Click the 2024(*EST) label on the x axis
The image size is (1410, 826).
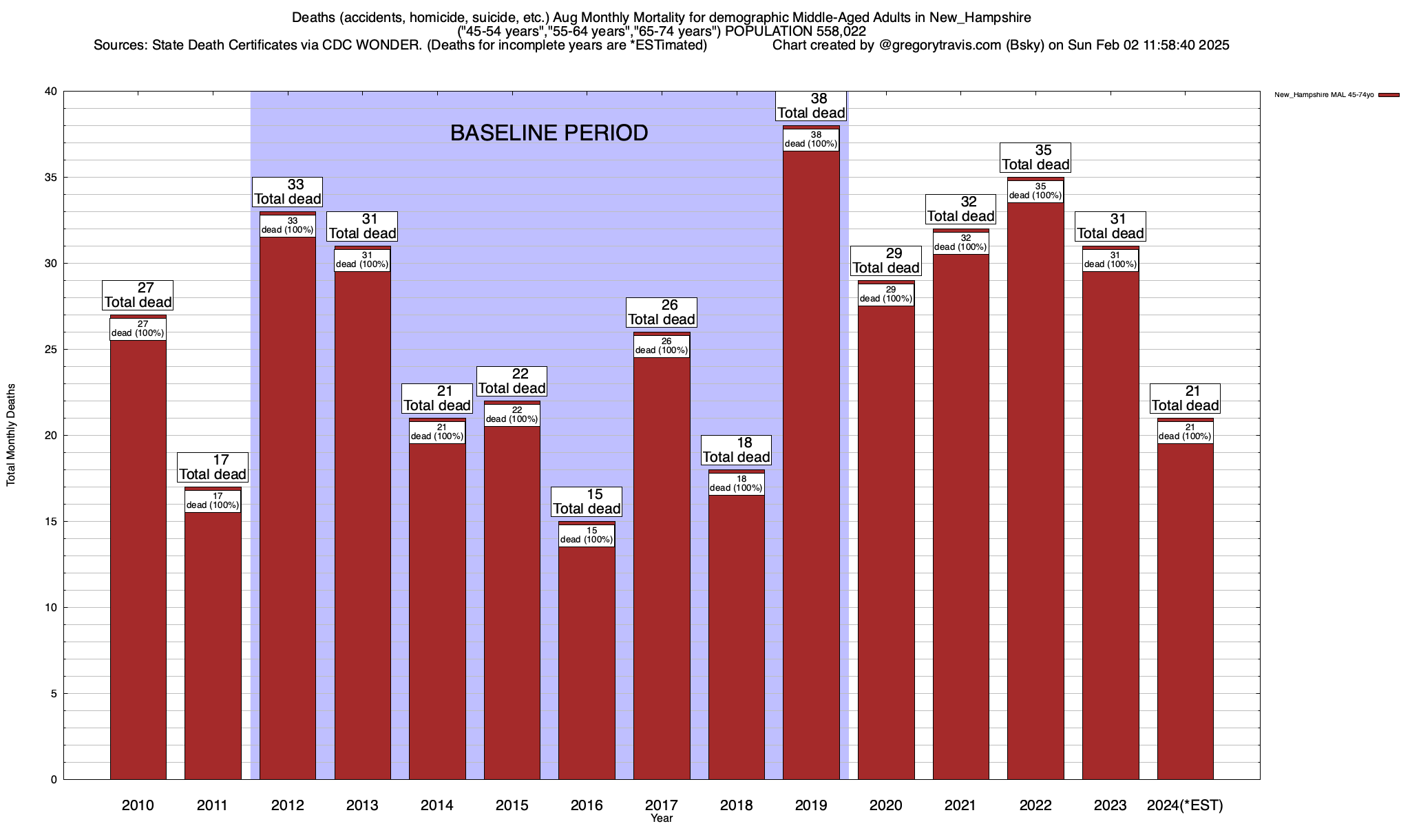[1185, 805]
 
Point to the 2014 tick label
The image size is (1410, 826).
[437, 805]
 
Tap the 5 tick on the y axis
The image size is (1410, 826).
[53, 694]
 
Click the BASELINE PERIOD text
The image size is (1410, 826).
[549, 133]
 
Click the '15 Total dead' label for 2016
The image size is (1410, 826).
[587, 502]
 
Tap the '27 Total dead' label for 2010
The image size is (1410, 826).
[138, 295]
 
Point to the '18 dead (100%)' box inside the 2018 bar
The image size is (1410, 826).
[736, 484]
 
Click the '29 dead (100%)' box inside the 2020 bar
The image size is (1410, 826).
[886, 295]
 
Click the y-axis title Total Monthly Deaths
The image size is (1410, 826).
[11, 435]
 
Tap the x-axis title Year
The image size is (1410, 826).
[662, 818]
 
